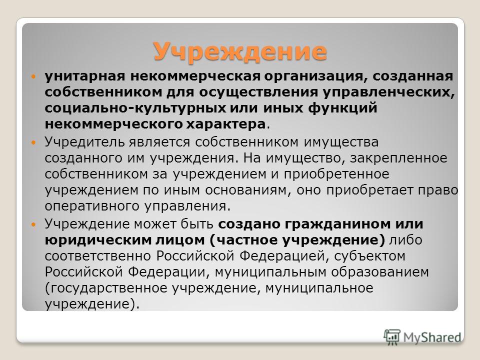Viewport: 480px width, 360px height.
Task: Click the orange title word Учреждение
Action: coord(240,51)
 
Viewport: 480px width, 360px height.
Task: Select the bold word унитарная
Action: coord(85,76)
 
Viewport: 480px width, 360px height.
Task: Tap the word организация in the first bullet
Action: coord(314,76)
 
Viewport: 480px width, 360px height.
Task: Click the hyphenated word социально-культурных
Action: coord(135,108)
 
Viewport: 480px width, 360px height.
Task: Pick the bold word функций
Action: coord(342,108)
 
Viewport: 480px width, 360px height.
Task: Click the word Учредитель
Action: coord(84,141)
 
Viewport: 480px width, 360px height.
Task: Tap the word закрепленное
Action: coord(398,158)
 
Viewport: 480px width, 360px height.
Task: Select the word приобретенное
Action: coord(336,174)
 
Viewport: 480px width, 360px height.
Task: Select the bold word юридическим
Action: coord(98,240)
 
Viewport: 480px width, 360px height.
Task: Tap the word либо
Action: coord(405,239)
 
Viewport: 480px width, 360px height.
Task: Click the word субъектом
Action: coord(369,256)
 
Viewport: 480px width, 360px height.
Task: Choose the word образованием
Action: coord(380,272)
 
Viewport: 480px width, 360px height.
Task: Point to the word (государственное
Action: coord(106,288)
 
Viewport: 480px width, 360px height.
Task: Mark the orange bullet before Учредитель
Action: coord(33,142)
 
